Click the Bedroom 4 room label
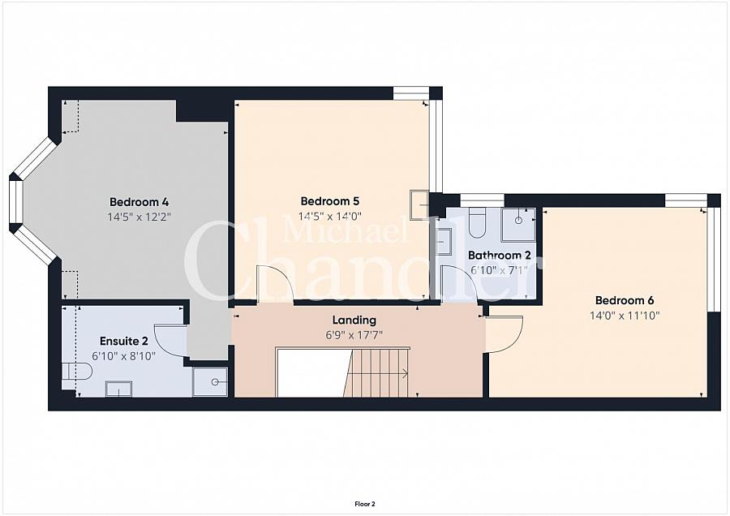pos(139,202)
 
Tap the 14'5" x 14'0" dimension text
pos(329,216)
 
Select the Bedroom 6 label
pos(625,300)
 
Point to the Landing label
pos(354,320)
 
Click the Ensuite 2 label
pos(124,342)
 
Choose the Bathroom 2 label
pos(499,256)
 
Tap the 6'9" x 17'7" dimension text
pos(354,335)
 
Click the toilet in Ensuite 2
pos(77,372)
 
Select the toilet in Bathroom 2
pos(477,222)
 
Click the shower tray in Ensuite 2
pos(210,382)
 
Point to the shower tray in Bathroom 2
pos(518,225)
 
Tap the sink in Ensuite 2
pos(118,389)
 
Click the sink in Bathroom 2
pos(443,241)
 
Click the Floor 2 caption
pos(365,504)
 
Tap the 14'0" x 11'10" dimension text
pos(625,316)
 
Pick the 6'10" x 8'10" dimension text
pos(124,356)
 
